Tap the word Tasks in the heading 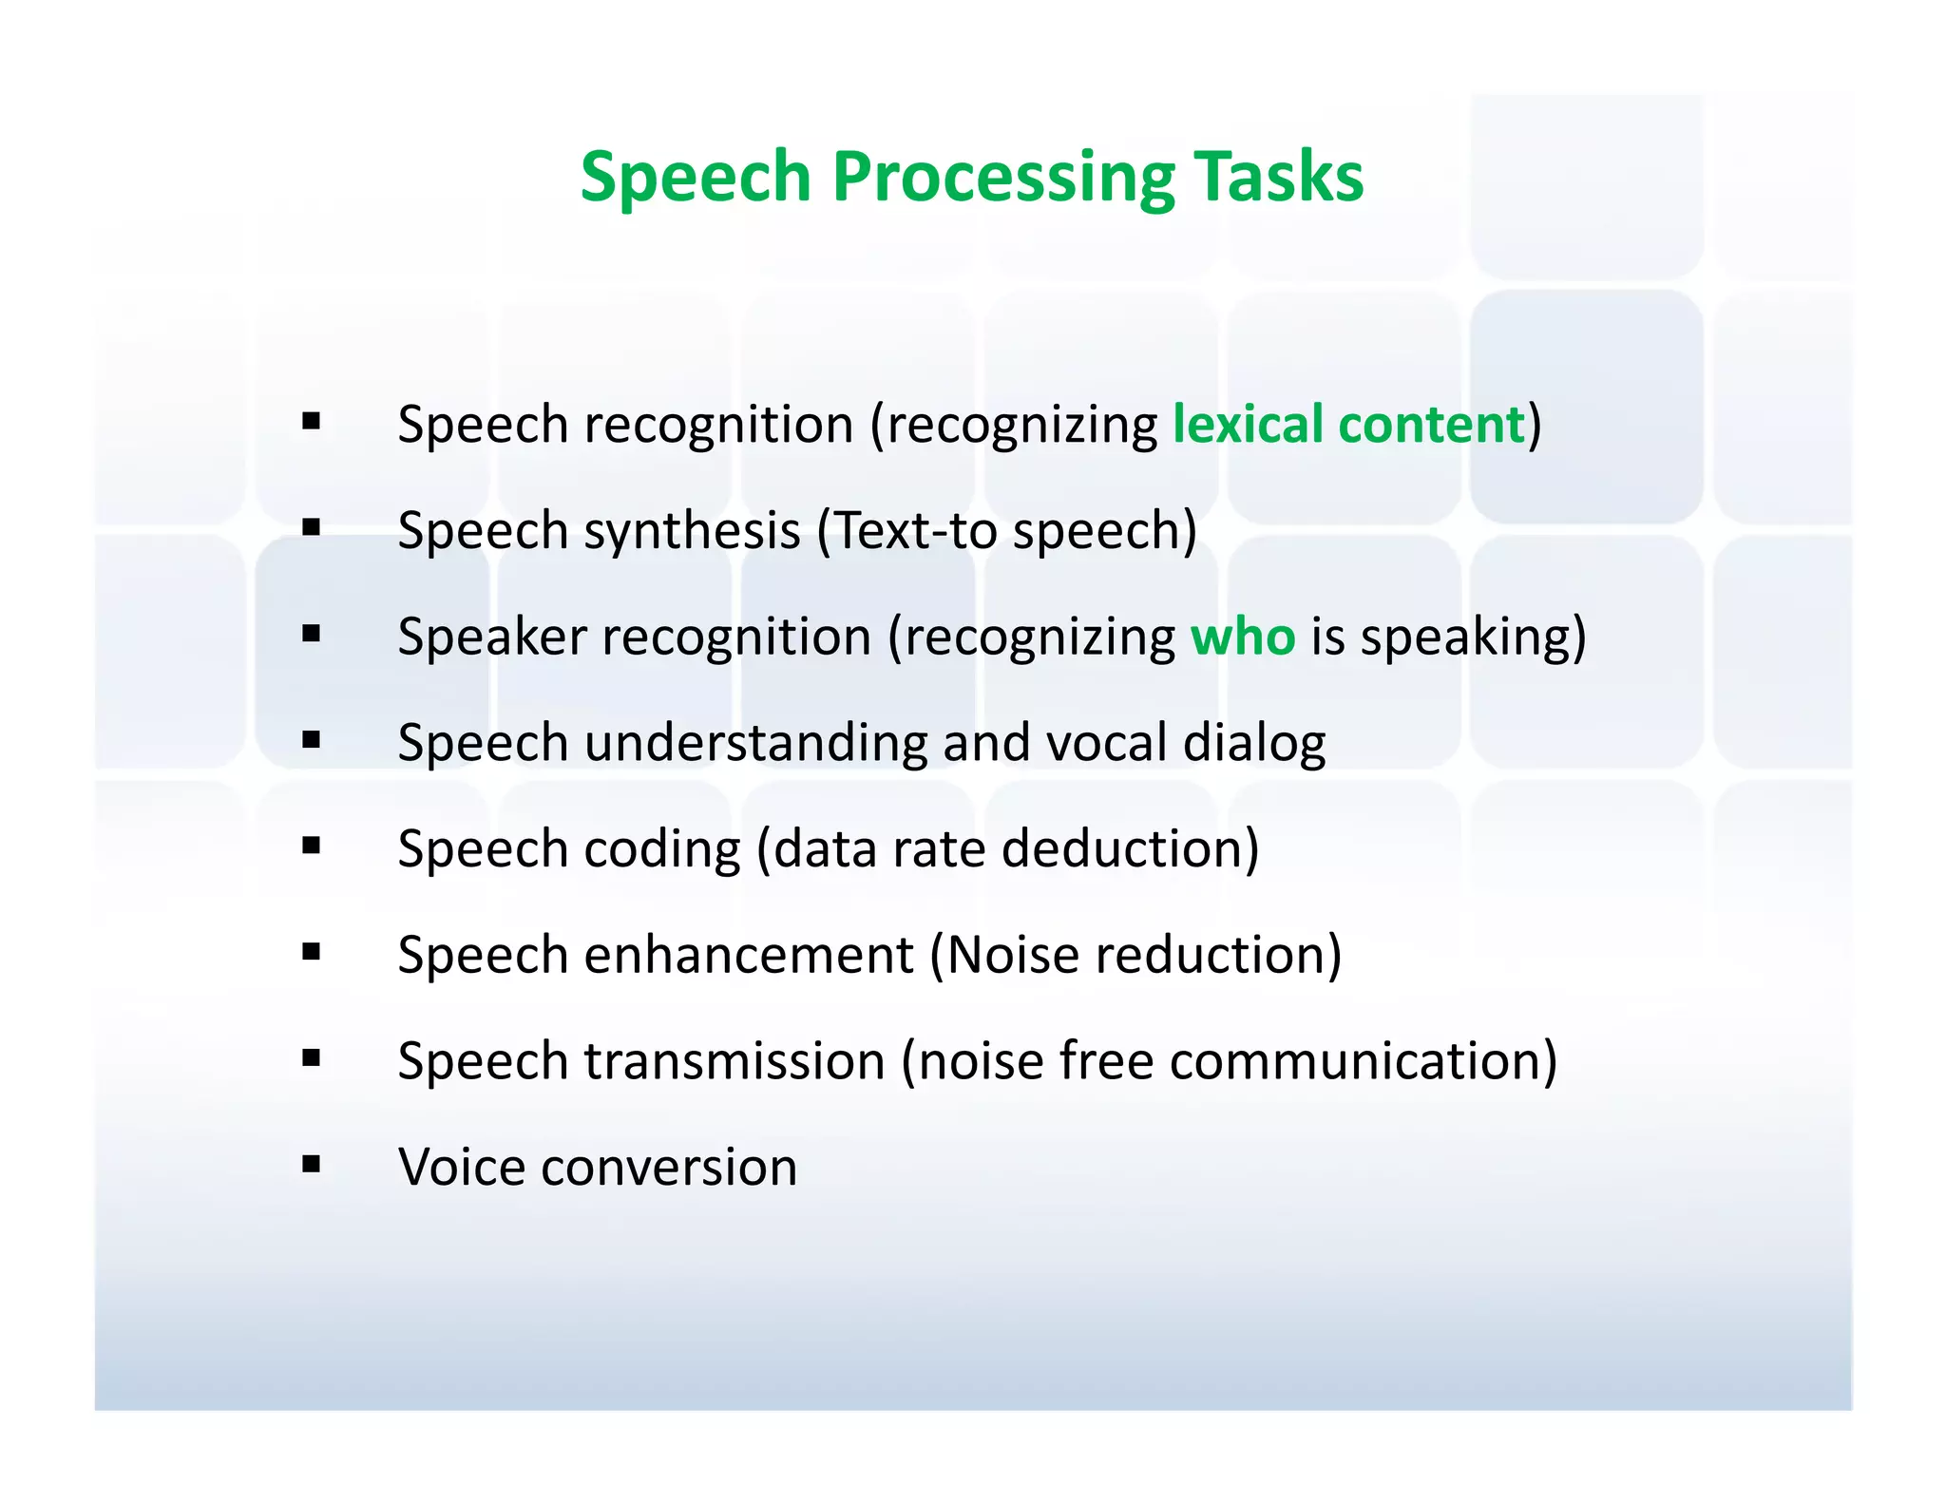(1278, 178)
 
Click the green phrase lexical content (1347, 424)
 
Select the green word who (1242, 636)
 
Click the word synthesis (692, 531)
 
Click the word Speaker (491, 637)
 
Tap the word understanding (755, 742)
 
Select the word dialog (1253, 744)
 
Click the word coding (661, 849)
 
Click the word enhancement (748, 954)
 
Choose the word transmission (735, 1060)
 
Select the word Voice (460, 1167)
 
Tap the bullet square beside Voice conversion (311, 1164)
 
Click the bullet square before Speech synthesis (311, 527)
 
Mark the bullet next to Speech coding (311, 846)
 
